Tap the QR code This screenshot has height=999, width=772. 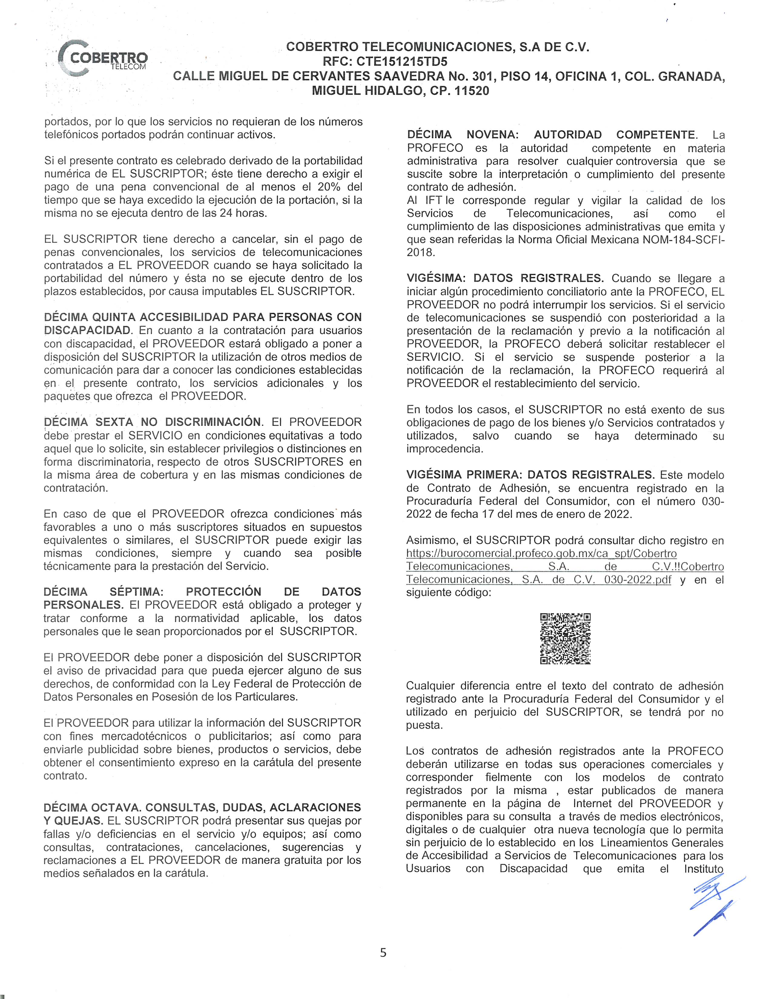pyautogui.click(x=565, y=638)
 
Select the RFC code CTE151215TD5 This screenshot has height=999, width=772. pyautogui.click(x=401, y=61)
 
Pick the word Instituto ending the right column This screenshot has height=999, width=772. pyautogui.click(x=703, y=869)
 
